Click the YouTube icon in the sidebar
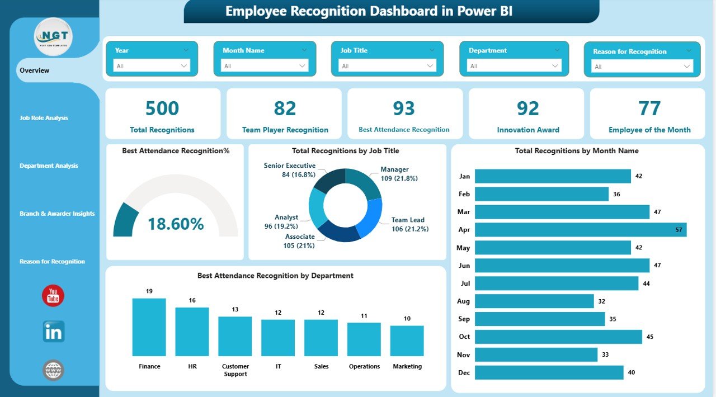click(x=53, y=296)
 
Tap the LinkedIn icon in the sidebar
click(x=54, y=332)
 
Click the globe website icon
click(x=54, y=370)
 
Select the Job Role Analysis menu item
click(x=44, y=118)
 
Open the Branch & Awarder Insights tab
click(x=57, y=214)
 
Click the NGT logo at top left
click(x=53, y=37)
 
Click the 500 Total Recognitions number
click(x=162, y=108)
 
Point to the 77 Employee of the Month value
click(x=649, y=108)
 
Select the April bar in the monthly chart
click(x=580, y=230)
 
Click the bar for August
click(x=534, y=301)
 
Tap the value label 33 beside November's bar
click(x=605, y=355)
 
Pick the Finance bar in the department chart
click(x=149, y=327)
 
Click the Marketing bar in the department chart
click(x=407, y=341)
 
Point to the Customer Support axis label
click(x=235, y=370)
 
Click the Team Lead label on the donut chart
click(x=407, y=220)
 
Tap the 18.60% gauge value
click(x=176, y=224)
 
